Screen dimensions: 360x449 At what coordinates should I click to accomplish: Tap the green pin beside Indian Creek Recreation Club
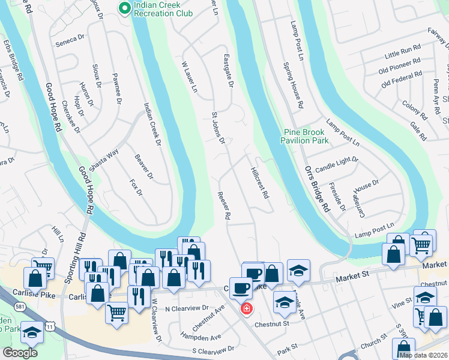pyautogui.click(x=125, y=8)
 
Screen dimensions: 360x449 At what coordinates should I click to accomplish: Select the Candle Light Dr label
pyautogui.click(x=336, y=164)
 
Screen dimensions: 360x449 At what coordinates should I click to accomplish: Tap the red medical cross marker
pyautogui.click(x=246, y=309)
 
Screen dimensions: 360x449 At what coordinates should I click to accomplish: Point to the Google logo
pyautogui.click(x=20, y=353)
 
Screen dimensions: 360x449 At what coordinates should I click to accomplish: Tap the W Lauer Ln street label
pyautogui.click(x=190, y=76)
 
